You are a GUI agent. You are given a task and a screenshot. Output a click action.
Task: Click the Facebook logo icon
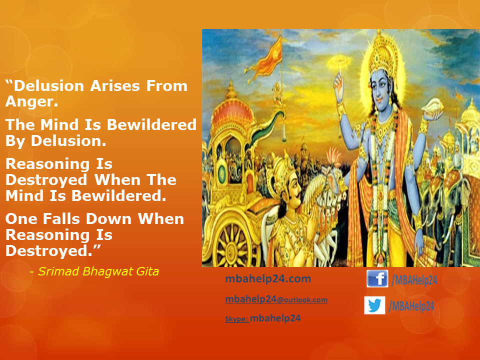(377, 278)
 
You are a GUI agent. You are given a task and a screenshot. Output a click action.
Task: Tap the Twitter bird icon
(374, 305)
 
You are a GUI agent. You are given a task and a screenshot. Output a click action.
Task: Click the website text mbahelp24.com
(268, 279)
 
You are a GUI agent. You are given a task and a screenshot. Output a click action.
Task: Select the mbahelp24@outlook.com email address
(276, 299)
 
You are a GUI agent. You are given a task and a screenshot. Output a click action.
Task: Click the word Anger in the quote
(31, 101)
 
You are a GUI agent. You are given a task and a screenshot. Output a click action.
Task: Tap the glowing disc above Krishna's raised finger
(339, 63)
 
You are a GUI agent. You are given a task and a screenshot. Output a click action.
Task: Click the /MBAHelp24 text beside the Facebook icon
(414, 280)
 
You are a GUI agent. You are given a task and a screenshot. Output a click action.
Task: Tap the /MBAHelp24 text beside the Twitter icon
(411, 306)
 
